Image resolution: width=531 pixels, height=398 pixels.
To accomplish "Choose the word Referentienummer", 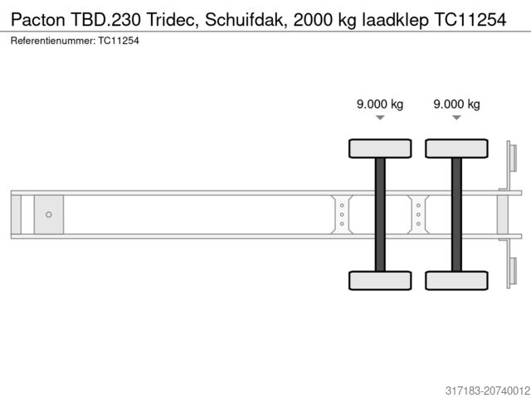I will coord(52,40).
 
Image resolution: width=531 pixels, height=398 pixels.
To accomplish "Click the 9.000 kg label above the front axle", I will coord(380,104).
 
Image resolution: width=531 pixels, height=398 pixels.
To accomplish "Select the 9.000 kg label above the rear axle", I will coord(457,104).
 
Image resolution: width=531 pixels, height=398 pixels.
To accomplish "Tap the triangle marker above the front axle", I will coord(380,118).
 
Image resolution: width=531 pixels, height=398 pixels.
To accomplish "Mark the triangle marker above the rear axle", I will coord(457,118).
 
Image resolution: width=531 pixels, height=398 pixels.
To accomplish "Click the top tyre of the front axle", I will coord(380,148).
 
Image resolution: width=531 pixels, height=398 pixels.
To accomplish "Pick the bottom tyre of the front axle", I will coord(380,280).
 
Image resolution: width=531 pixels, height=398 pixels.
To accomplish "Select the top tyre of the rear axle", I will coord(456,148).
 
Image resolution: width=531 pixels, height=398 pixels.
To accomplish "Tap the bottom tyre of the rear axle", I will coord(456,280).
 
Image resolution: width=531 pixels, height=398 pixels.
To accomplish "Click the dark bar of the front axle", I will coord(380,214).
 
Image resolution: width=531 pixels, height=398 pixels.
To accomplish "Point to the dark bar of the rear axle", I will coord(456,214).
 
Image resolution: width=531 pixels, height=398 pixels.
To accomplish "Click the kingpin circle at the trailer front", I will coord(49,215).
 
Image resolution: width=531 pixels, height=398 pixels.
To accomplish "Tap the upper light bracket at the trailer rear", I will coord(512,162).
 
